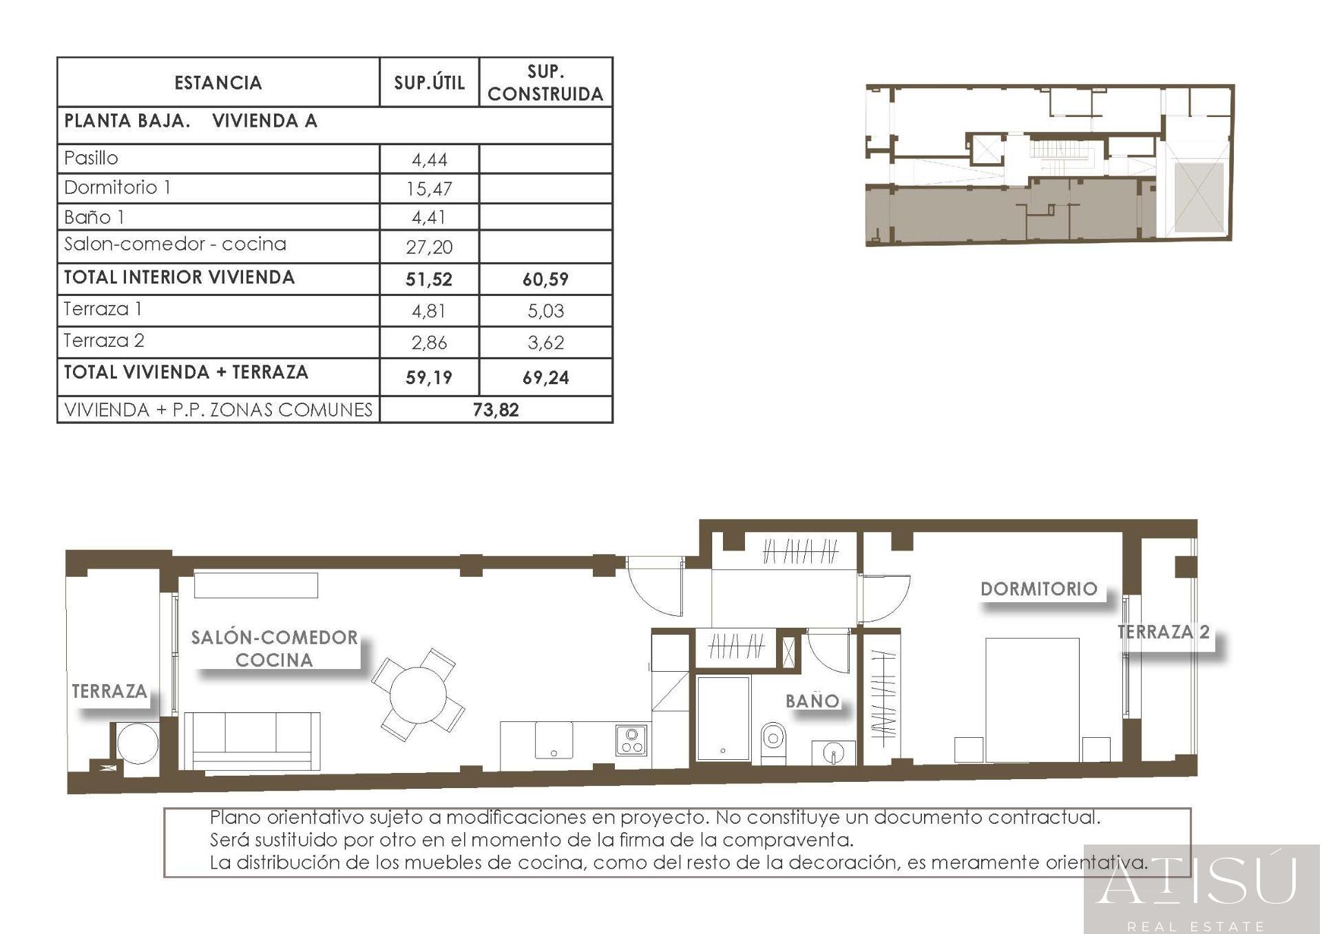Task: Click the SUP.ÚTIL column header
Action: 429,83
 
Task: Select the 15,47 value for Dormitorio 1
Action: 429,189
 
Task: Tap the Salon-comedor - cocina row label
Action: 175,244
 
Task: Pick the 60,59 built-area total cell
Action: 545,279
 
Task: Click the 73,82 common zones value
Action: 496,410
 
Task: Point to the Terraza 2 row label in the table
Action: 104,341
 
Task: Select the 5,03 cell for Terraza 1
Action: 545,311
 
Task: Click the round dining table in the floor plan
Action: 418,694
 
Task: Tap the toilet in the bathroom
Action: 773,741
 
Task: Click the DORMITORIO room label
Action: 1038,589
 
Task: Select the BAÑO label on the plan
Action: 812,701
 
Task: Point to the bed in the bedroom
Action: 1031,699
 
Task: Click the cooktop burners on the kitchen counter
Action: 631,741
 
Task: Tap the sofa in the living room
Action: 252,740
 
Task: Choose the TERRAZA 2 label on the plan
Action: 1163,632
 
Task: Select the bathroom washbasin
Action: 834,753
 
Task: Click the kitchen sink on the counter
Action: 554,741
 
